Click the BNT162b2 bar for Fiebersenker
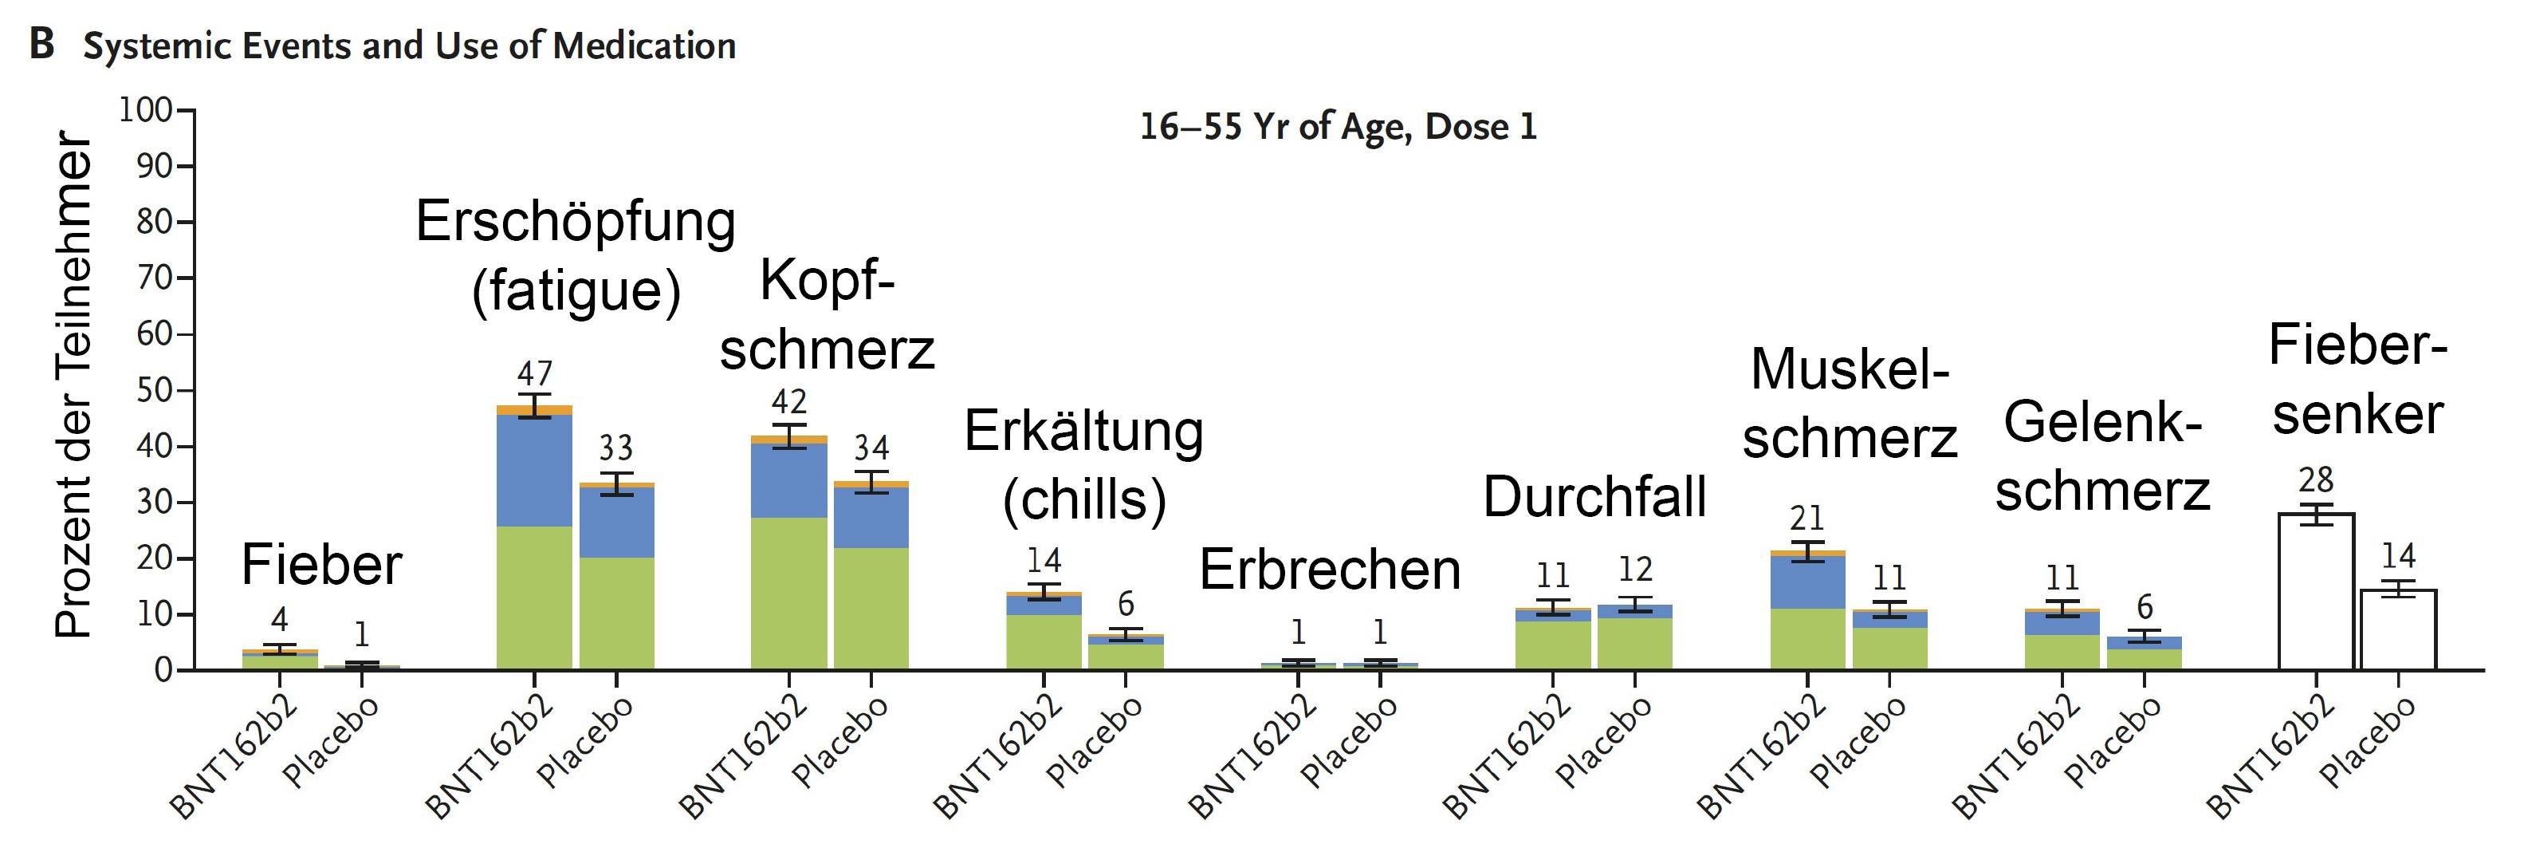pos(2315,590)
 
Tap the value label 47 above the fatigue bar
pos(535,373)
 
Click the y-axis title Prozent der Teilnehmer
pos(73,385)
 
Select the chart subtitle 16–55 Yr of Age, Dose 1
pos(1338,127)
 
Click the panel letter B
pos(41,44)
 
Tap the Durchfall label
pos(1594,496)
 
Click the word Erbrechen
pos(1330,570)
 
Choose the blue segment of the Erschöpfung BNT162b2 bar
pos(534,471)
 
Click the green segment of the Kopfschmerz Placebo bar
pos(871,608)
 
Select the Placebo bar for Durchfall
pos(1634,637)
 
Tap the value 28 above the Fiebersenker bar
pos(2315,479)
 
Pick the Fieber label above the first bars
pos(321,565)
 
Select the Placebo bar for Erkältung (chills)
pos(1126,652)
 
